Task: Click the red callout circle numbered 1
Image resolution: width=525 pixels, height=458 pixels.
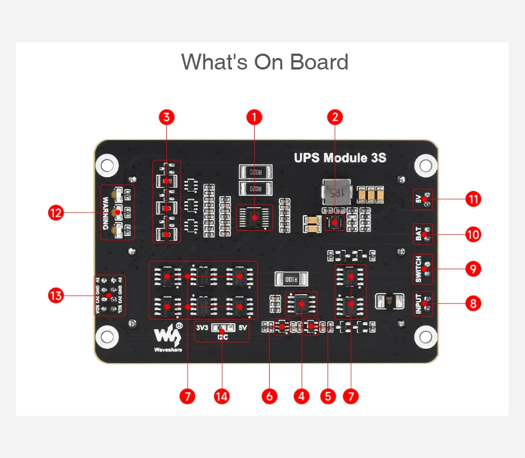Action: click(x=254, y=117)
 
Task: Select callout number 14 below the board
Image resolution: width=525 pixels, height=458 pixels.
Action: click(x=221, y=396)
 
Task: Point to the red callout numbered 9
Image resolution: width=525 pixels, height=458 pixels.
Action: click(x=473, y=269)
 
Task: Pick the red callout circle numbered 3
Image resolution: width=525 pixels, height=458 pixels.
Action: click(x=167, y=117)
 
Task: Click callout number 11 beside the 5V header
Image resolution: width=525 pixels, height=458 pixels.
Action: click(x=473, y=199)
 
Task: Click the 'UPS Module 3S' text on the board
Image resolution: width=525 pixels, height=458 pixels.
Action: click(x=340, y=158)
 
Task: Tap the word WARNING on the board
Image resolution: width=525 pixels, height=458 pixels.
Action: click(x=106, y=213)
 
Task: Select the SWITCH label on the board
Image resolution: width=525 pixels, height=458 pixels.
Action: click(x=418, y=269)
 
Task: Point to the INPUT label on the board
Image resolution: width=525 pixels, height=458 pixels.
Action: click(x=418, y=304)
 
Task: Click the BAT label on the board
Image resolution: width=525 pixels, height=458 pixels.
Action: click(x=418, y=234)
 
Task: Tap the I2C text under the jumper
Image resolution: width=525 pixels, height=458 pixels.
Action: click(x=222, y=337)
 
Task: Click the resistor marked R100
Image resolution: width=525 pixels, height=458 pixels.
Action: click(x=291, y=279)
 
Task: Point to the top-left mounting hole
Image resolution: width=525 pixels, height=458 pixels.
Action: click(x=107, y=164)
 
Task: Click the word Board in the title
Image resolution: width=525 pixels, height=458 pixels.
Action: click(x=319, y=62)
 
